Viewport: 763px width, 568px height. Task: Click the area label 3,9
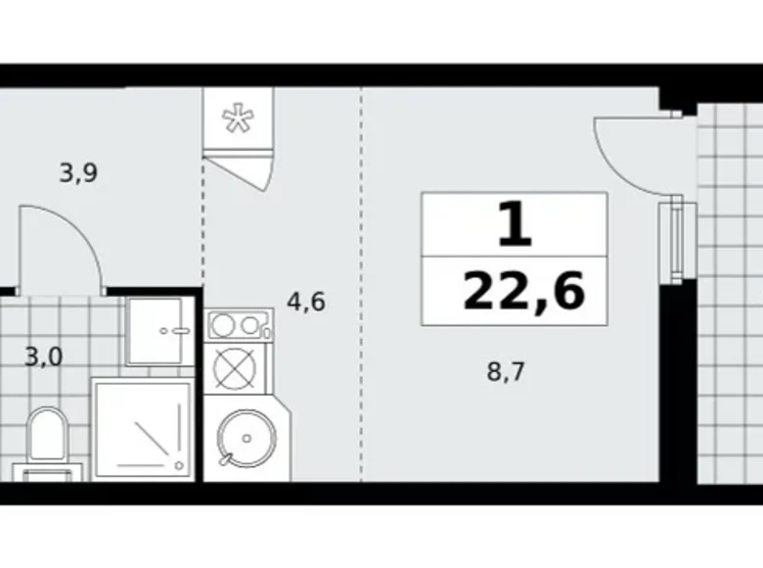point(78,174)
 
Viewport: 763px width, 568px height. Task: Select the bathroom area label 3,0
point(43,355)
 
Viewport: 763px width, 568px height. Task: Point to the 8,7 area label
point(506,372)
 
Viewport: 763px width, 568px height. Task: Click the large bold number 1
point(515,225)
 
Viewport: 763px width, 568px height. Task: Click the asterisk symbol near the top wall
point(235,118)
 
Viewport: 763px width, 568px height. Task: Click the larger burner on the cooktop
point(222,325)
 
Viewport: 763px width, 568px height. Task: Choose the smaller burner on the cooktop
point(256,323)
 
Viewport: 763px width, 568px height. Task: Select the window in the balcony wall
point(675,241)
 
